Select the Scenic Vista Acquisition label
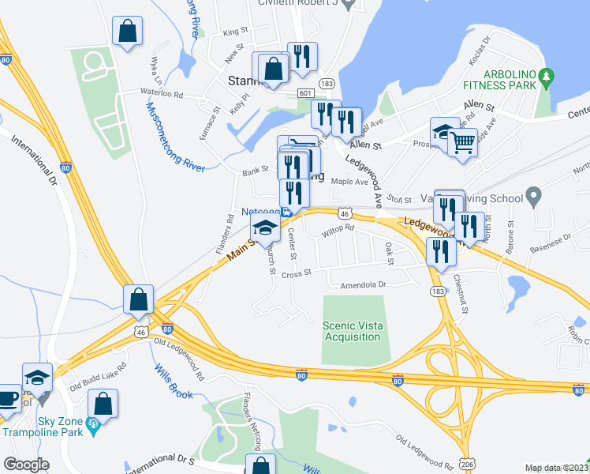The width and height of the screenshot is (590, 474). click(352, 331)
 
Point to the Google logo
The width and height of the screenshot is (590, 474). click(25, 465)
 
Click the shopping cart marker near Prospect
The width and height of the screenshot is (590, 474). click(462, 143)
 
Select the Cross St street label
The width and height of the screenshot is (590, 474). click(297, 273)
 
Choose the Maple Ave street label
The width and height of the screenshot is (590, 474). click(350, 182)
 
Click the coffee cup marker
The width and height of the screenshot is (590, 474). click(8, 397)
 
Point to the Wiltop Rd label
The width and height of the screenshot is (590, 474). click(338, 228)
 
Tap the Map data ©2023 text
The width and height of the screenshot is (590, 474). click(557, 468)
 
